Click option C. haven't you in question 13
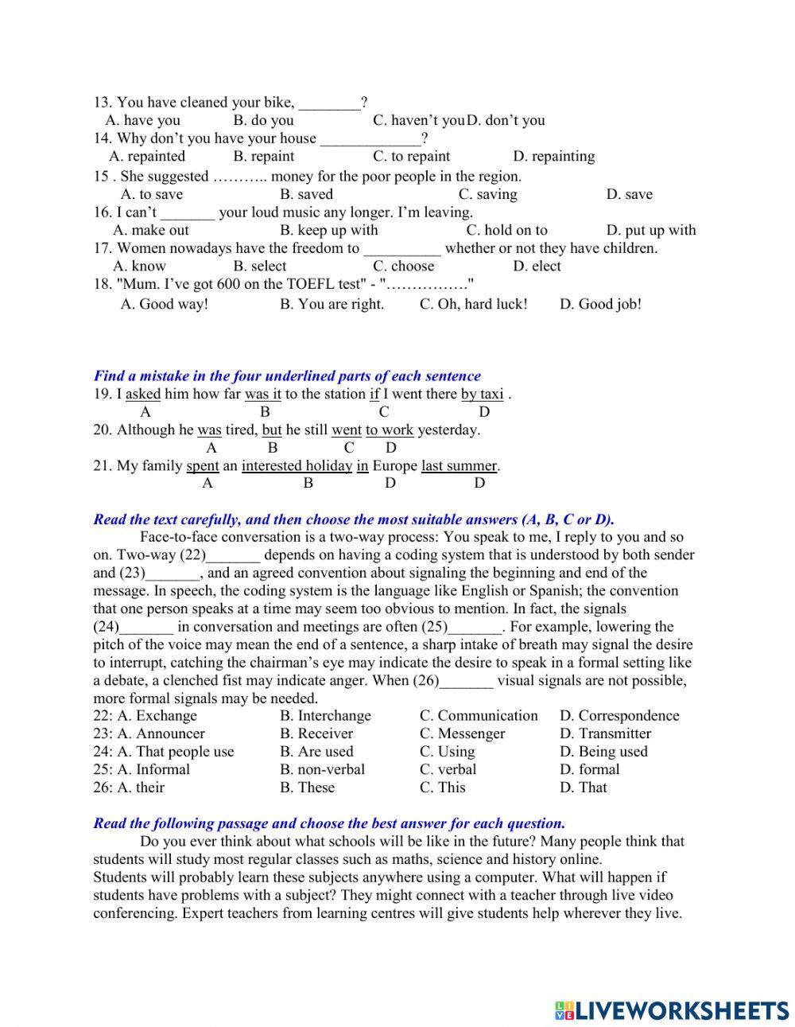coord(418,121)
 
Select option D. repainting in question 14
coord(553,157)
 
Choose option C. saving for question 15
coord(487,195)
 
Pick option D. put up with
coord(650,231)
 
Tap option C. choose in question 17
coord(403,266)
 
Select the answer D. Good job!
coord(600,305)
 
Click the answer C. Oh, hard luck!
coord(473,305)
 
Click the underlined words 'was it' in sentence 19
coord(262,395)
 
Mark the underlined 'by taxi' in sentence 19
coord(482,395)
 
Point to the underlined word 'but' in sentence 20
coord(272,430)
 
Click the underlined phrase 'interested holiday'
coord(297,466)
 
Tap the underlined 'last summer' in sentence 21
coord(459,466)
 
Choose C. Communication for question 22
coord(479,716)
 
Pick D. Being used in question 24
coord(603,752)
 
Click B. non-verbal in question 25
coord(322,770)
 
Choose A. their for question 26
coord(141,788)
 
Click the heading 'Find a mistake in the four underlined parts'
coord(287,376)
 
